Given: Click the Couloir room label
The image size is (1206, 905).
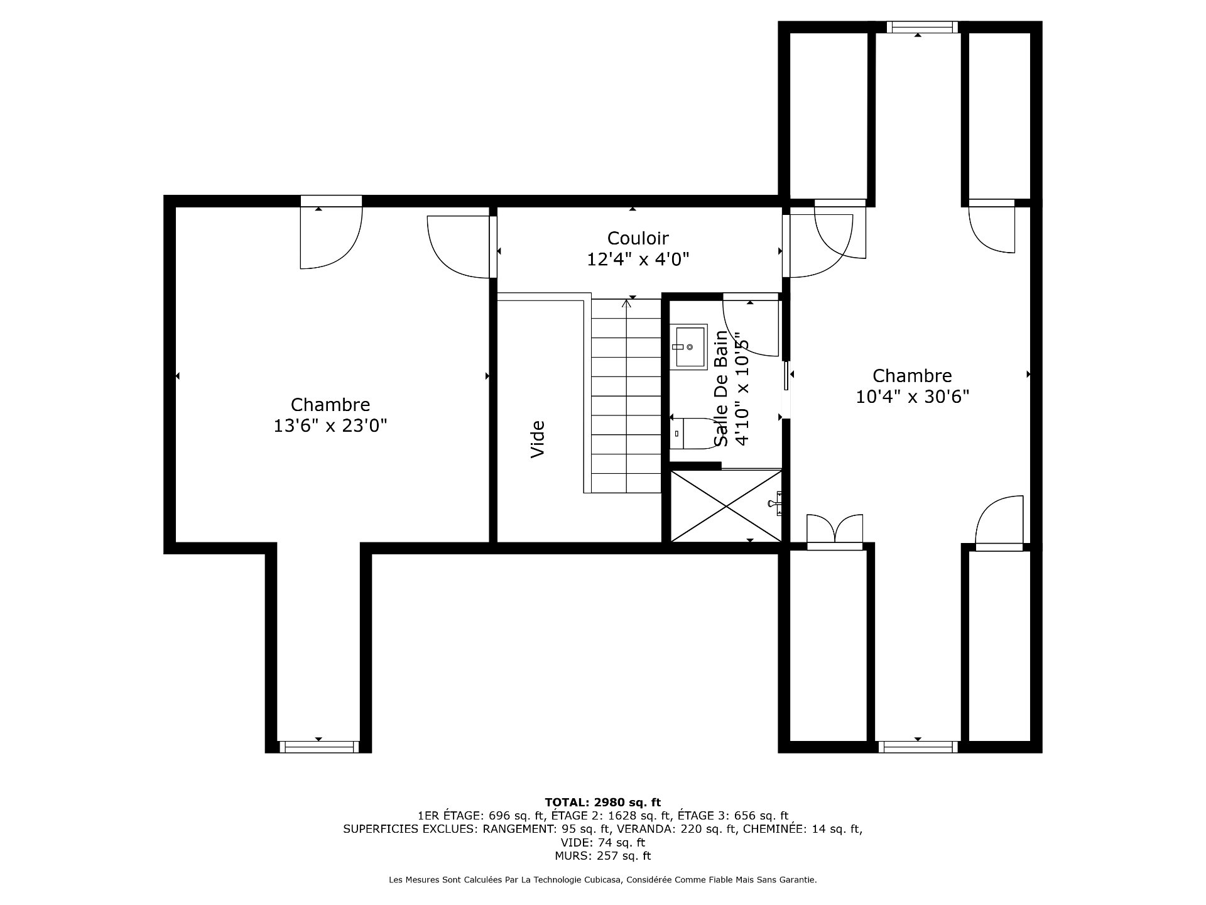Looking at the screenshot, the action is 638,238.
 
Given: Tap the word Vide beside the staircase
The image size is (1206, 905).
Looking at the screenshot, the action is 538,439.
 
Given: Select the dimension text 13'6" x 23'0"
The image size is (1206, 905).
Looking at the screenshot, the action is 330,425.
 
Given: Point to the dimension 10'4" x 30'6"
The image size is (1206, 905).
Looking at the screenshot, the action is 912,397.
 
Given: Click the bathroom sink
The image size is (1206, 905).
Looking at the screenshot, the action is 692,346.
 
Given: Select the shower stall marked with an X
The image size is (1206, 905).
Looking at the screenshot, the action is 726,505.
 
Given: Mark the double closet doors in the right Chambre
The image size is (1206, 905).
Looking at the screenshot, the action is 835,532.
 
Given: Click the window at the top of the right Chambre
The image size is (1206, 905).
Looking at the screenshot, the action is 918,27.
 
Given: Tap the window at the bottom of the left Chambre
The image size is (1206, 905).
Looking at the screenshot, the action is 318,747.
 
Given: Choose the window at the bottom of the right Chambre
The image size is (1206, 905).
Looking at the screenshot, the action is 918,747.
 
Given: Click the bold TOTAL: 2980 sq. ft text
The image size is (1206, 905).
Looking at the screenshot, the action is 602,802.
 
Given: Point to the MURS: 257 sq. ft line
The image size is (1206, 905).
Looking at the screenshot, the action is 602,855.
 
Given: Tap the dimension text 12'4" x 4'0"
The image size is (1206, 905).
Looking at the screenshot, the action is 638,259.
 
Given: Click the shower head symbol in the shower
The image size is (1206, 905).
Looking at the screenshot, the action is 776,503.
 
